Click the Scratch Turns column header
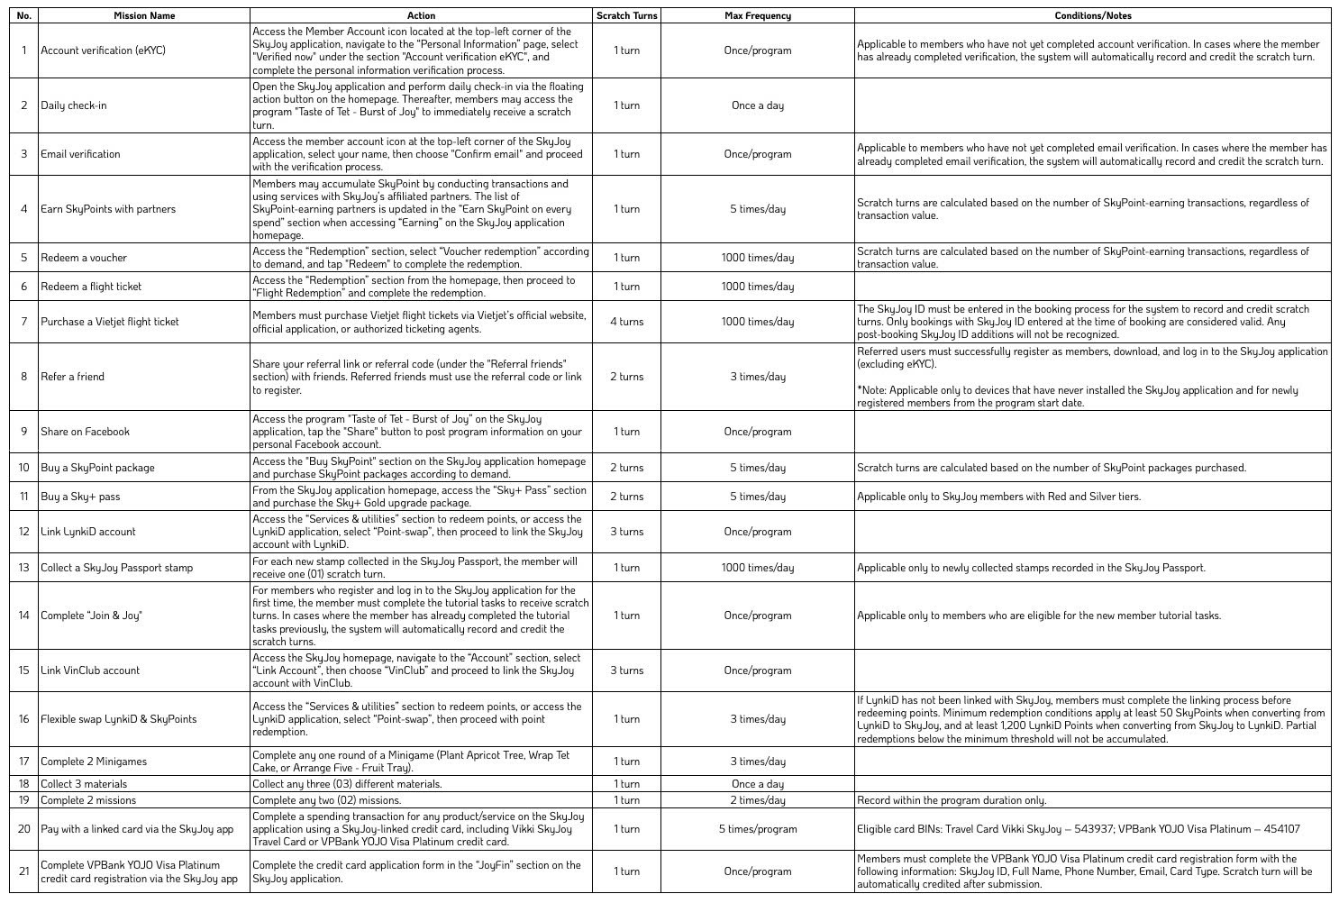point(626,15)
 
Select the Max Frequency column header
point(757,15)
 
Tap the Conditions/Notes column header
point(1092,15)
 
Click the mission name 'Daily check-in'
point(74,105)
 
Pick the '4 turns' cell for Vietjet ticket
point(626,322)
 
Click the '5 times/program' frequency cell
point(757,829)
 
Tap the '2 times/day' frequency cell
point(757,800)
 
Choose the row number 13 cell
point(24,568)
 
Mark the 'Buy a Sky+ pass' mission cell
point(80,497)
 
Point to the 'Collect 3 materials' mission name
point(84,784)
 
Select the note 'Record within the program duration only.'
point(952,800)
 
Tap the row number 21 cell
point(24,871)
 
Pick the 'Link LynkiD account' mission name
point(87,532)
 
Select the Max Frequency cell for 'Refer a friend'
point(757,377)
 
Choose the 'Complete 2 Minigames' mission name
point(94,762)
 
